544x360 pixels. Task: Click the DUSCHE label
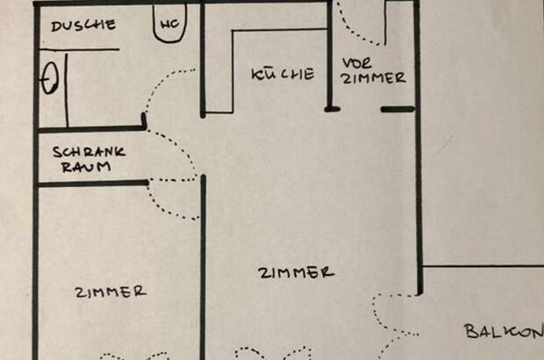click(x=83, y=25)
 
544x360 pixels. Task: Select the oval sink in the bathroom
click(x=50, y=78)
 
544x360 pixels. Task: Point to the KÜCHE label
click(x=283, y=74)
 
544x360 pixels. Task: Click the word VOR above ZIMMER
click(x=357, y=63)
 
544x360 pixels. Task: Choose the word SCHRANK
click(x=89, y=152)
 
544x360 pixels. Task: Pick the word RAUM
click(x=86, y=167)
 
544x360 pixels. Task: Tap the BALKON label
click(x=504, y=331)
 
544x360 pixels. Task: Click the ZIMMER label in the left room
click(x=111, y=292)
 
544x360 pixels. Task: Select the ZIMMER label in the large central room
click(x=297, y=273)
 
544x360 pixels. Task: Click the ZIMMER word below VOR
click(x=374, y=78)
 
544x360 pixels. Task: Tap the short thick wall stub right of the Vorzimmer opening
click(x=398, y=110)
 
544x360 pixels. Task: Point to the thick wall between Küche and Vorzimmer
click(x=330, y=55)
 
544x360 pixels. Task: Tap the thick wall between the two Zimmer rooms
click(x=204, y=267)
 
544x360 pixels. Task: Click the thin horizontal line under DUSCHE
click(x=80, y=49)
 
